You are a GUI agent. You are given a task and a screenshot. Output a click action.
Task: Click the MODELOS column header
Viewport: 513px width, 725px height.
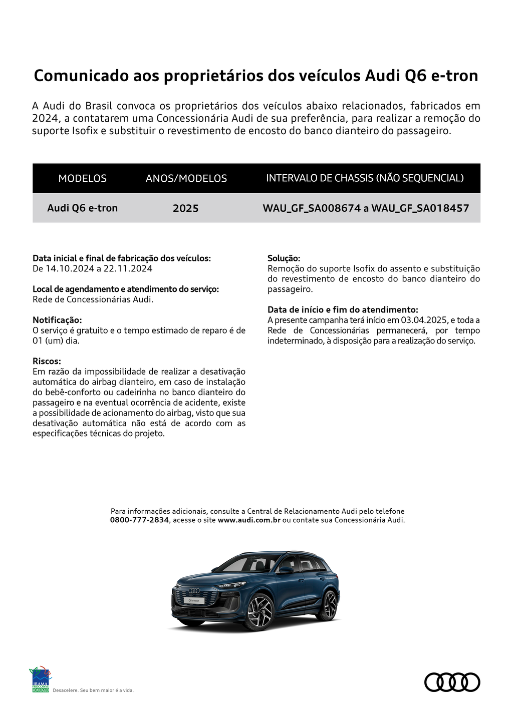click(x=82, y=178)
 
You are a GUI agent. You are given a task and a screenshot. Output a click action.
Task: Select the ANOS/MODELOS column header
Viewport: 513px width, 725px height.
click(x=186, y=178)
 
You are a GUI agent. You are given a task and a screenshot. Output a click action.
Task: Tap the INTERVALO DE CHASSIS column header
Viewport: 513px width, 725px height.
click(x=365, y=178)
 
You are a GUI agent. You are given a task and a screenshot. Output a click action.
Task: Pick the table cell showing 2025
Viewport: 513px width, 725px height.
click(x=185, y=208)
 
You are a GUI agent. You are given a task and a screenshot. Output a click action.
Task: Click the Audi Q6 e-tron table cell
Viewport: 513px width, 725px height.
click(x=82, y=208)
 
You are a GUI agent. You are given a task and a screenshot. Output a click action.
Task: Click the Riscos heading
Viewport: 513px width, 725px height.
click(x=47, y=361)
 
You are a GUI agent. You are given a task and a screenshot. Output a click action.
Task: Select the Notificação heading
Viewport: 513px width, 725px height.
click(x=57, y=320)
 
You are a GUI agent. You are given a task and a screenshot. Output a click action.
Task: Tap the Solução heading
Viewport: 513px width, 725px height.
click(x=284, y=258)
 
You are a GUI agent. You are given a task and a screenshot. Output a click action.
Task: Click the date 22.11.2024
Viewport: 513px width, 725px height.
click(x=128, y=268)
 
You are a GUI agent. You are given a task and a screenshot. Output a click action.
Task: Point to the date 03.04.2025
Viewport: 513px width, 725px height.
click(x=424, y=320)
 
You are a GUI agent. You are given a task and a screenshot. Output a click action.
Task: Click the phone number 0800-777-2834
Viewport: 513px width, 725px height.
click(x=139, y=520)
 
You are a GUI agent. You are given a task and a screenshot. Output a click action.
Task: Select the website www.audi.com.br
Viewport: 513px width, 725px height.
click(x=249, y=520)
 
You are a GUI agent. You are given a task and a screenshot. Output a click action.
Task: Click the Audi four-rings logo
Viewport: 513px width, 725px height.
click(x=452, y=682)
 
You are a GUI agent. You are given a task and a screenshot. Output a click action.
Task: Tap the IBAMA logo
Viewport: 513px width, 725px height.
click(x=40, y=680)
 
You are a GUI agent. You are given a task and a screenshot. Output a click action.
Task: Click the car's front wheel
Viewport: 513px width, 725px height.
click(x=260, y=612)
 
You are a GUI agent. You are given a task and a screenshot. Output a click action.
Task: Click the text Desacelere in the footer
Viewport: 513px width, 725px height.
click(x=65, y=690)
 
